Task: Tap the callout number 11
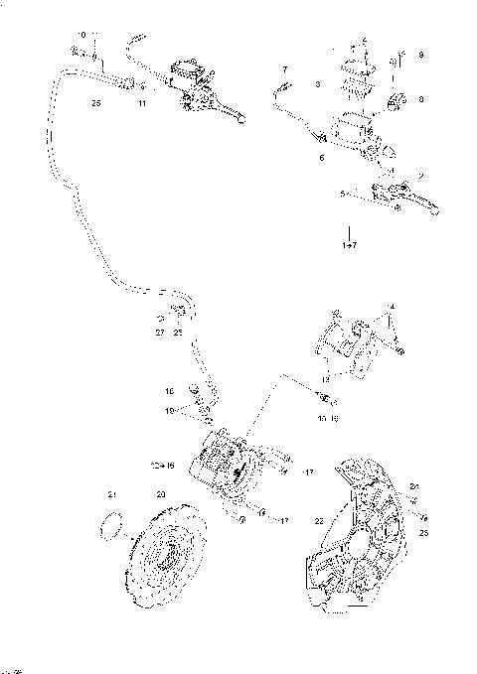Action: [x=142, y=102]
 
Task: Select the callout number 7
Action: [x=283, y=69]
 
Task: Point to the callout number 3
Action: [x=316, y=85]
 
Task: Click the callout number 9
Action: [x=421, y=54]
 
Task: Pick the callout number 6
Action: [x=321, y=158]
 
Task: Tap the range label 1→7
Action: [x=350, y=243]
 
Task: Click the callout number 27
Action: [x=159, y=333]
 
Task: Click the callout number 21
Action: [x=112, y=494]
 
